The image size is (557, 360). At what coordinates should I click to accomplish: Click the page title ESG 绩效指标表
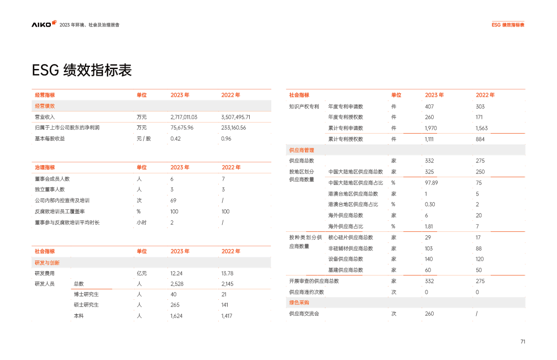81,71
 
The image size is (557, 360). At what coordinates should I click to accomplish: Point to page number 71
522,342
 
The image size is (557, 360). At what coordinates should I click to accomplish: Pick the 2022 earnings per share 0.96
226,139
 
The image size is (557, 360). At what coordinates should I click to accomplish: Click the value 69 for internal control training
174,200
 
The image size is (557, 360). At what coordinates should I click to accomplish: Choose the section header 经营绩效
45,106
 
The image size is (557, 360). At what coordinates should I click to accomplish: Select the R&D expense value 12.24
176,273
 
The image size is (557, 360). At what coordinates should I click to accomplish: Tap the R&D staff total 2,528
177,284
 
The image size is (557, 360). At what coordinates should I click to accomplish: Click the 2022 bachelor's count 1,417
227,316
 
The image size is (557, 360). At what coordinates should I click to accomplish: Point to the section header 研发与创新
47,262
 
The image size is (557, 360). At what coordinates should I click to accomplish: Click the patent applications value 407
429,106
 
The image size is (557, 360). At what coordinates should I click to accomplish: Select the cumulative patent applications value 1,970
431,128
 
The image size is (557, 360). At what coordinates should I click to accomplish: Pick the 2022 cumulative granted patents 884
480,139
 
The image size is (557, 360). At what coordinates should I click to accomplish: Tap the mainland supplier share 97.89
431,182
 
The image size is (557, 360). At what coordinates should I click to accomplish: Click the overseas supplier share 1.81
429,226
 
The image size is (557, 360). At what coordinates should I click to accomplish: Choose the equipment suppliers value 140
429,259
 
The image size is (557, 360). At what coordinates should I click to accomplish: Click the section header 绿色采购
299,303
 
